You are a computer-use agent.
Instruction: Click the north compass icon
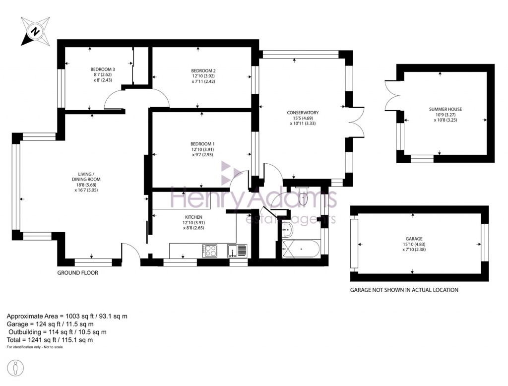35,32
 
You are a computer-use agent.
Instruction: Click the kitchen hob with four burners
210,251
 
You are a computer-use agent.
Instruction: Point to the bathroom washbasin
287,230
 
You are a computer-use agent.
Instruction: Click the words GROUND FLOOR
77,273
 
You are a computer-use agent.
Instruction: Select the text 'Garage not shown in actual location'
404,290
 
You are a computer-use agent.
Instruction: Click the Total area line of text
50,340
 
